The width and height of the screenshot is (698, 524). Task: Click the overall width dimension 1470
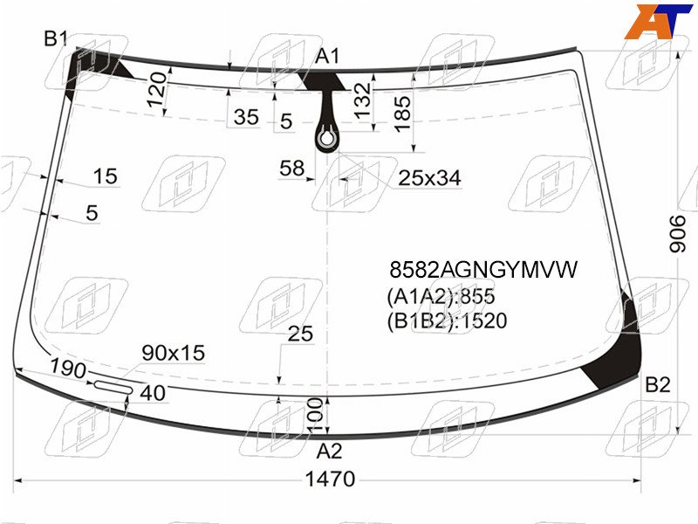[x=330, y=479]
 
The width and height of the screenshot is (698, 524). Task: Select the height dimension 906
[x=678, y=234]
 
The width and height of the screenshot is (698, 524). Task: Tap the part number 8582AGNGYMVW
[x=483, y=270]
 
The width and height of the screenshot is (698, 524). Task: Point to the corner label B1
[x=55, y=38]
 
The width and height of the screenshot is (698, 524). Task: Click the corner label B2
[x=658, y=384]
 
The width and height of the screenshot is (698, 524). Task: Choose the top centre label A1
[x=328, y=57]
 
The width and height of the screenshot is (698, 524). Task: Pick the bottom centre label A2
[x=330, y=452]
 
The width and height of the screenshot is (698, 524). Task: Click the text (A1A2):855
[x=441, y=296]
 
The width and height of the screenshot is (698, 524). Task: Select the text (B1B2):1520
[x=447, y=321]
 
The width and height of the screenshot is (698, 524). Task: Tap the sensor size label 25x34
[x=429, y=178]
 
